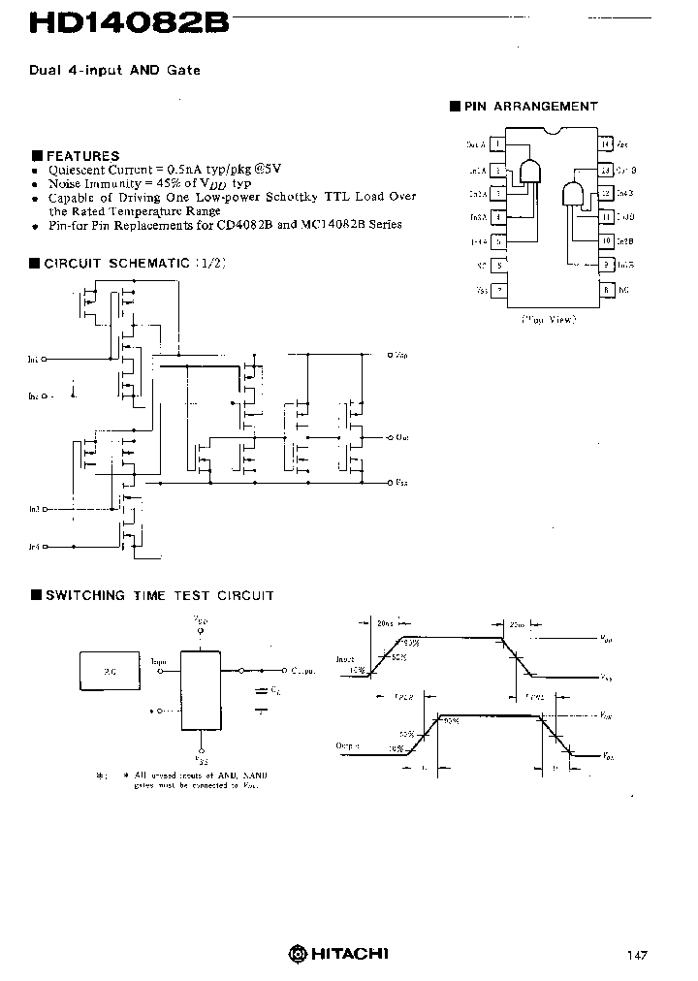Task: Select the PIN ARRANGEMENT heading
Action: pos(530,107)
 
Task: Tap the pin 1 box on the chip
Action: pos(498,144)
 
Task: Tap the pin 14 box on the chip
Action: pos(606,144)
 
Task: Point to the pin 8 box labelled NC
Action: pos(606,289)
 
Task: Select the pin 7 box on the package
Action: pos(498,289)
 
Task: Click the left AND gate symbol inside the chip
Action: pos(529,171)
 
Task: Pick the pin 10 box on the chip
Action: pos(606,240)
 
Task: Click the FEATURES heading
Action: pos(82,155)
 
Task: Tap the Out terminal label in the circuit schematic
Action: pos(401,437)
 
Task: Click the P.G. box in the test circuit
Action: pos(109,670)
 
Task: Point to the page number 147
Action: pos(637,956)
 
